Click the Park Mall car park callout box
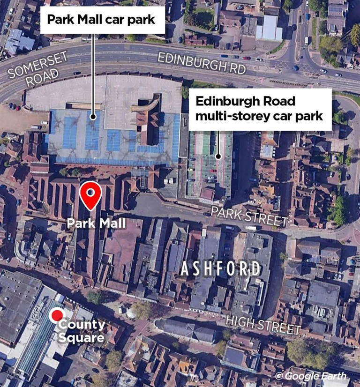point(103,20)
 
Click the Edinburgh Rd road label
point(202,62)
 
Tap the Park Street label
point(248,216)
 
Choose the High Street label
point(262,324)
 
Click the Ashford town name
point(220,269)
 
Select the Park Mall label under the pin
point(96,223)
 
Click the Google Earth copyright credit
point(311,375)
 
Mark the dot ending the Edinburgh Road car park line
point(218,156)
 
